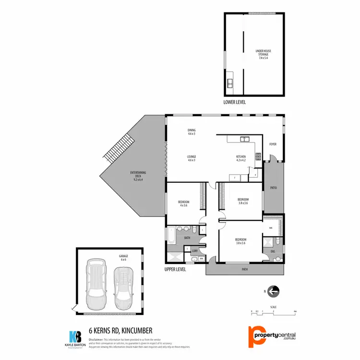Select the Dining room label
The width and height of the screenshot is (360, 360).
(x=192, y=132)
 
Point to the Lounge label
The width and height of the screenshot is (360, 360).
(x=192, y=158)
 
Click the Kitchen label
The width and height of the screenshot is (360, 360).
(x=240, y=158)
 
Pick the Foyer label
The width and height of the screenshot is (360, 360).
(x=273, y=144)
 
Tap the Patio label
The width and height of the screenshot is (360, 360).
(x=274, y=188)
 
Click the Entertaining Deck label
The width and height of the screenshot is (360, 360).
(x=138, y=176)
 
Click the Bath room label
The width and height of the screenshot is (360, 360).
(x=188, y=237)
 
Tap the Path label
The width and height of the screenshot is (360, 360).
(x=245, y=270)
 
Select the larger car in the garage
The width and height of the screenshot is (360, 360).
(x=97, y=284)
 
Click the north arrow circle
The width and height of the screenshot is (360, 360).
(x=274, y=291)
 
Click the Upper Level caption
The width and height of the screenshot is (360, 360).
(x=175, y=269)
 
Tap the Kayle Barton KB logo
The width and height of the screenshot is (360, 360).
(x=75, y=336)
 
